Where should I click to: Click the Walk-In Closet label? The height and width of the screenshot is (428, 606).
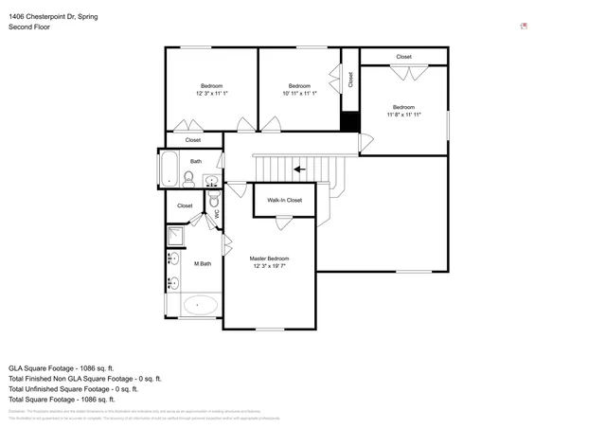click(284, 200)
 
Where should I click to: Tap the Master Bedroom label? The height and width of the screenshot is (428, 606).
click(269, 259)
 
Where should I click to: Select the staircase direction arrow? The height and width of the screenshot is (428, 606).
click(299, 169)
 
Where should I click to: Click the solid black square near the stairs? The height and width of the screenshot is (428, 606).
click(349, 123)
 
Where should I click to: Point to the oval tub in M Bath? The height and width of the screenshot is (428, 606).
click(199, 305)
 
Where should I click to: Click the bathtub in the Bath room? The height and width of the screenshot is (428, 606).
click(169, 168)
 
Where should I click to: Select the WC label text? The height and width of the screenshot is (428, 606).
click(217, 215)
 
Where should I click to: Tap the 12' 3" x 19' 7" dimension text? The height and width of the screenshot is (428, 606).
click(269, 267)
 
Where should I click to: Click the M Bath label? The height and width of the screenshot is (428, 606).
click(202, 263)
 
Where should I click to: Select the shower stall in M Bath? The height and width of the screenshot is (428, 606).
click(176, 236)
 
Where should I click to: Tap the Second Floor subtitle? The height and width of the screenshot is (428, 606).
click(29, 27)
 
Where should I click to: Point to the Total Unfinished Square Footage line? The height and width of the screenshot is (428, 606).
click(73, 388)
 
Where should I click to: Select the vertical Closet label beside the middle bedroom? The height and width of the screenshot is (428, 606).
click(349, 80)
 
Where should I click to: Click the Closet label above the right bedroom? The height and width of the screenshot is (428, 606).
click(403, 57)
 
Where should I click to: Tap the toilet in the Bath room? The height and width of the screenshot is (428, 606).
click(188, 176)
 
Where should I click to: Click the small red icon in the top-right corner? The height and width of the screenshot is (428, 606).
click(524, 27)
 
